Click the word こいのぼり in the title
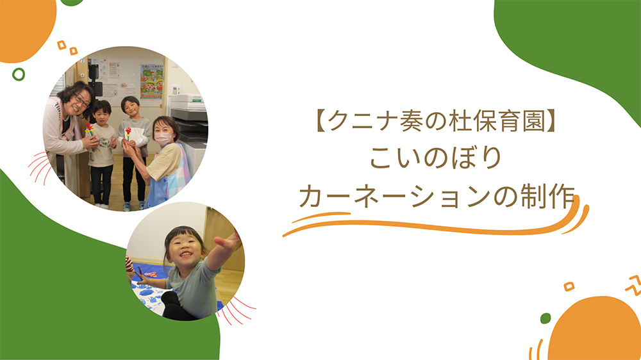436,158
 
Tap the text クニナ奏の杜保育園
436,121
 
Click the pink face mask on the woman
163,140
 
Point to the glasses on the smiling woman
82,101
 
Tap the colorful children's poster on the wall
152,81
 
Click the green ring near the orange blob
19,74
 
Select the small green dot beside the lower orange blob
545,318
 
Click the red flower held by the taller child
128,131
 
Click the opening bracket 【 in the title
321,121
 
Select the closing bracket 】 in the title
550,121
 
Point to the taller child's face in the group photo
131,108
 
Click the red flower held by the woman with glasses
89,127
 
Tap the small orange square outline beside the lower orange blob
569,286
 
